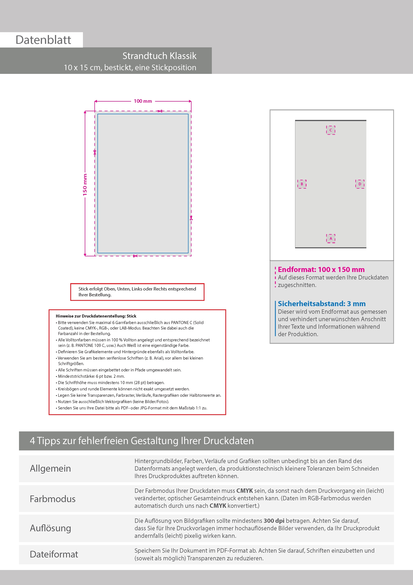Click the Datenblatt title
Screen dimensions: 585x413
pyautogui.click(x=43, y=40)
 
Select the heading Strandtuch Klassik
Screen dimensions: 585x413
pyautogui.click(x=159, y=56)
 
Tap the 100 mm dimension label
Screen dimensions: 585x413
pyautogui.click(x=143, y=101)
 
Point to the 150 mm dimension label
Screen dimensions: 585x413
pyautogui.click(x=85, y=185)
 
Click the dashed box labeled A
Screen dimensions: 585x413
pyautogui.click(x=331, y=238)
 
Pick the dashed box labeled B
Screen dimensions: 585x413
pyautogui.click(x=302, y=184)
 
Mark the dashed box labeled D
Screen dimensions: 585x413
pyautogui.click(x=360, y=184)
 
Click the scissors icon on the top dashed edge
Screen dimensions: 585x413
pyautogui.click(x=160, y=111)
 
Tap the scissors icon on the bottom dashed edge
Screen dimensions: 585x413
pyautogui.click(x=135, y=256)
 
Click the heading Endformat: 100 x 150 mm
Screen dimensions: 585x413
pyautogui.click(x=321, y=269)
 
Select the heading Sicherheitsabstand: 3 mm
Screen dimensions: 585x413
pyautogui.click(x=322, y=304)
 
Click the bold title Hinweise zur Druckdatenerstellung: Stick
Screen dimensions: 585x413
pyautogui.click(x=96, y=316)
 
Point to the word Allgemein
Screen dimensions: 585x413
pyautogui.click(x=50, y=468)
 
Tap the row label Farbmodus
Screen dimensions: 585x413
pyautogui.click(x=53, y=499)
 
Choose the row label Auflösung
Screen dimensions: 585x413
pyautogui.click(x=50, y=528)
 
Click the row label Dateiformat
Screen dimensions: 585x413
pyautogui.click(x=54, y=554)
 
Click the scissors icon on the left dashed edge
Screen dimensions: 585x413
pyautogui.click(x=95, y=152)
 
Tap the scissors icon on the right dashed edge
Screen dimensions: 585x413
pyautogui.click(x=191, y=218)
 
